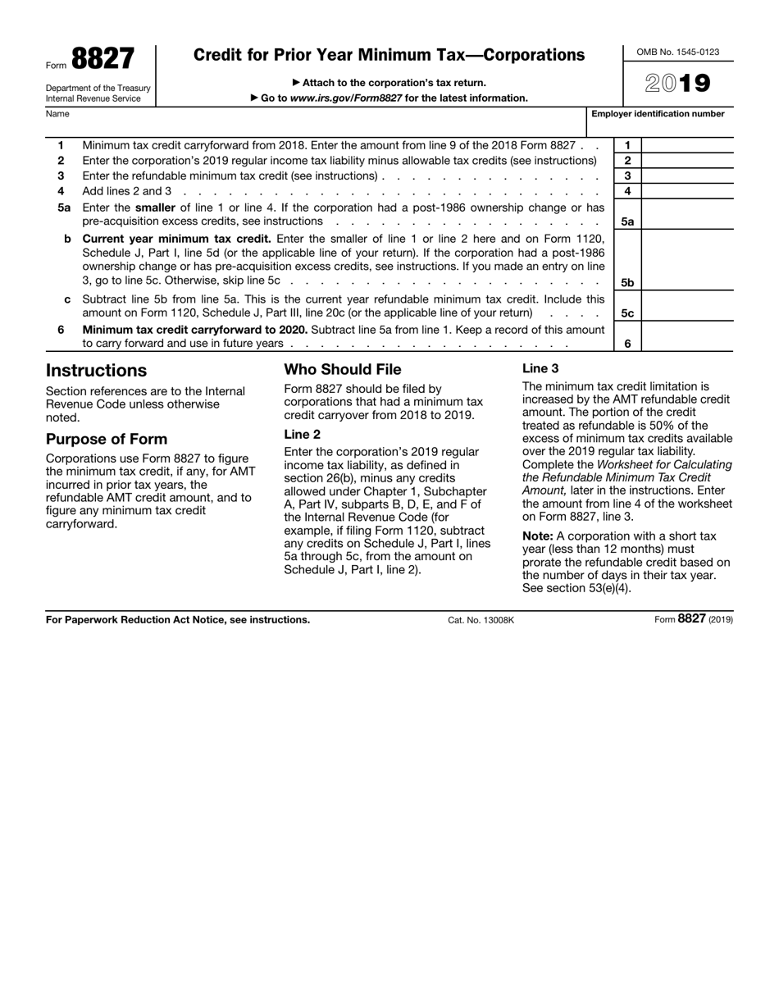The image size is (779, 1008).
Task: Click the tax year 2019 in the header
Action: (x=677, y=84)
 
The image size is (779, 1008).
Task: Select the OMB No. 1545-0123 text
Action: (x=677, y=52)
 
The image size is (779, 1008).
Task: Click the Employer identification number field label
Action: (x=658, y=114)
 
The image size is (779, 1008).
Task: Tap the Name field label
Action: (x=57, y=114)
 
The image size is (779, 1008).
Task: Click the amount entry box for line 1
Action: (x=686, y=145)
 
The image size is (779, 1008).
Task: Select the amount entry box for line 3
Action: (x=686, y=176)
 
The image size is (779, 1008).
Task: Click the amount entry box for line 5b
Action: (x=686, y=260)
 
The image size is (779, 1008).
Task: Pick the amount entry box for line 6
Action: (x=686, y=336)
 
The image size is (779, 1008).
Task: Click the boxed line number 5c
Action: (x=627, y=313)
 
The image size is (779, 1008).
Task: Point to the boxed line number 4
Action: (x=627, y=191)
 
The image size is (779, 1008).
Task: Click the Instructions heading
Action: (x=96, y=371)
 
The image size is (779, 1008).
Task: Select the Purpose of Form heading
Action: (x=107, y=439)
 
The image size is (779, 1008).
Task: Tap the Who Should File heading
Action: (x=343, y=370)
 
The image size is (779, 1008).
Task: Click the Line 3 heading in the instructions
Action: (x=540, y=369)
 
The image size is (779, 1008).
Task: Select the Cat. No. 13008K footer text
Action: (x=481, y=621)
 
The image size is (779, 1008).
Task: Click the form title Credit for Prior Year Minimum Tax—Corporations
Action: (x=389, y=56)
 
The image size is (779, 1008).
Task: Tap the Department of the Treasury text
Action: (x=98, y=88)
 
